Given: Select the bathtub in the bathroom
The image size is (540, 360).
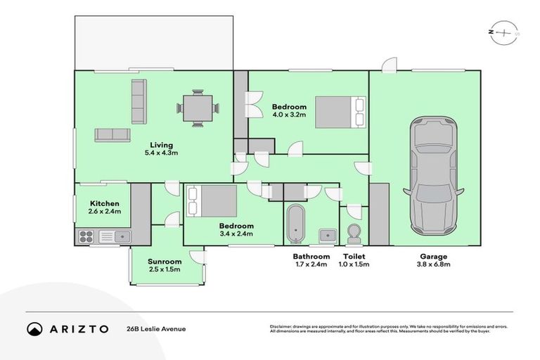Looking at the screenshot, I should [x=296, y=223].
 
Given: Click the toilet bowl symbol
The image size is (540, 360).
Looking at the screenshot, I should [x=353, y=233].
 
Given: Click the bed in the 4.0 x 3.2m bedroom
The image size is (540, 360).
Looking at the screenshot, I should [x=340, y=112].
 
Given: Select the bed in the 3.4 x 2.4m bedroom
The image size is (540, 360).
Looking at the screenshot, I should [x=210, y=201].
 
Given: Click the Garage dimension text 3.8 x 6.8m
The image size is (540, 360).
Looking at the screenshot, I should [x=435, y=265].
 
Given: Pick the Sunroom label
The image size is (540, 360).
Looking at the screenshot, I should [x=165, y=262].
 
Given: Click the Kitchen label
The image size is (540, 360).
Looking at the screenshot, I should [x=105, y=202].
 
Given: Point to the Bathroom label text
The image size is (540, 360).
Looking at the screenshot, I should [x=311, y=257].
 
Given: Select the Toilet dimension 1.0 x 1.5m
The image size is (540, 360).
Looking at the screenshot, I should [x=354, y=265].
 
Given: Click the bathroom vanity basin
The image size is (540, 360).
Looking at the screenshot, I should [x=327, y=234].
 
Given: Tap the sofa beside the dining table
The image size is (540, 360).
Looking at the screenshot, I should [x=139, y=101].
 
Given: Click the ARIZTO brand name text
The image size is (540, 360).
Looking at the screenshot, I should [x=78, y=329].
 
